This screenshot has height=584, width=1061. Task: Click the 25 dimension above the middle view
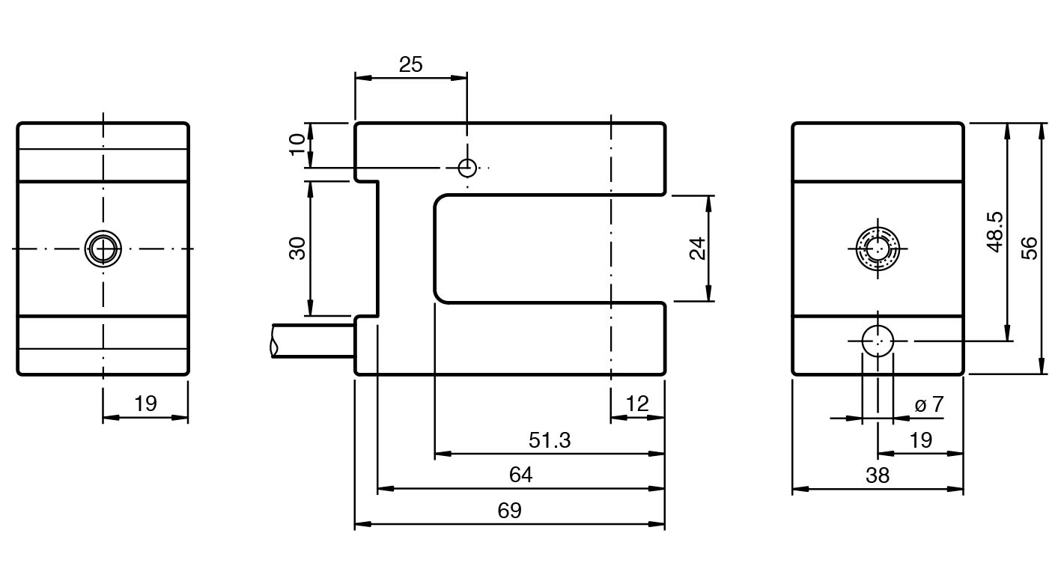[x=410, y=65]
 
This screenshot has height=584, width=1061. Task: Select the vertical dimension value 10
[x=297, y=144]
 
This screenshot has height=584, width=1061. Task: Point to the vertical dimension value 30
[x=297, y=248]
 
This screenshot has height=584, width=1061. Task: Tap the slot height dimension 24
[x=697, y=248]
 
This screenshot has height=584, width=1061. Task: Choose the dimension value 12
[x=636, y=404]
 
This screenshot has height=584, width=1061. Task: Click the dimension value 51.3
[x=549, y=440]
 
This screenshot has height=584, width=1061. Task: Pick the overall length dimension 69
[x=509, y=511]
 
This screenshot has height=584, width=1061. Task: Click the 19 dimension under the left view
[x=145, y=404]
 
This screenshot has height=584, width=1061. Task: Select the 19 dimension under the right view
[x=920, y=440]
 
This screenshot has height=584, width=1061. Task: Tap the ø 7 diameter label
[x=928, y=405]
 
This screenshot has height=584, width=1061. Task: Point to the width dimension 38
[x=877, y=475]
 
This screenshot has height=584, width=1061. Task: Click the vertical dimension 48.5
[x=995, y=232]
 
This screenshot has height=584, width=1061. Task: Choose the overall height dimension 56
[x=1030, y=248]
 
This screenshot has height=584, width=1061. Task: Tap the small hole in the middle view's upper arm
[x=467, y=168]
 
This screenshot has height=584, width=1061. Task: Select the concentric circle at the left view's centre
[x=103, y=248]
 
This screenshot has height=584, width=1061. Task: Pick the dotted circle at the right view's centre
[x=877, y=248]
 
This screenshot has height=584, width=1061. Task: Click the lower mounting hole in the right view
[x=877, y=341]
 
